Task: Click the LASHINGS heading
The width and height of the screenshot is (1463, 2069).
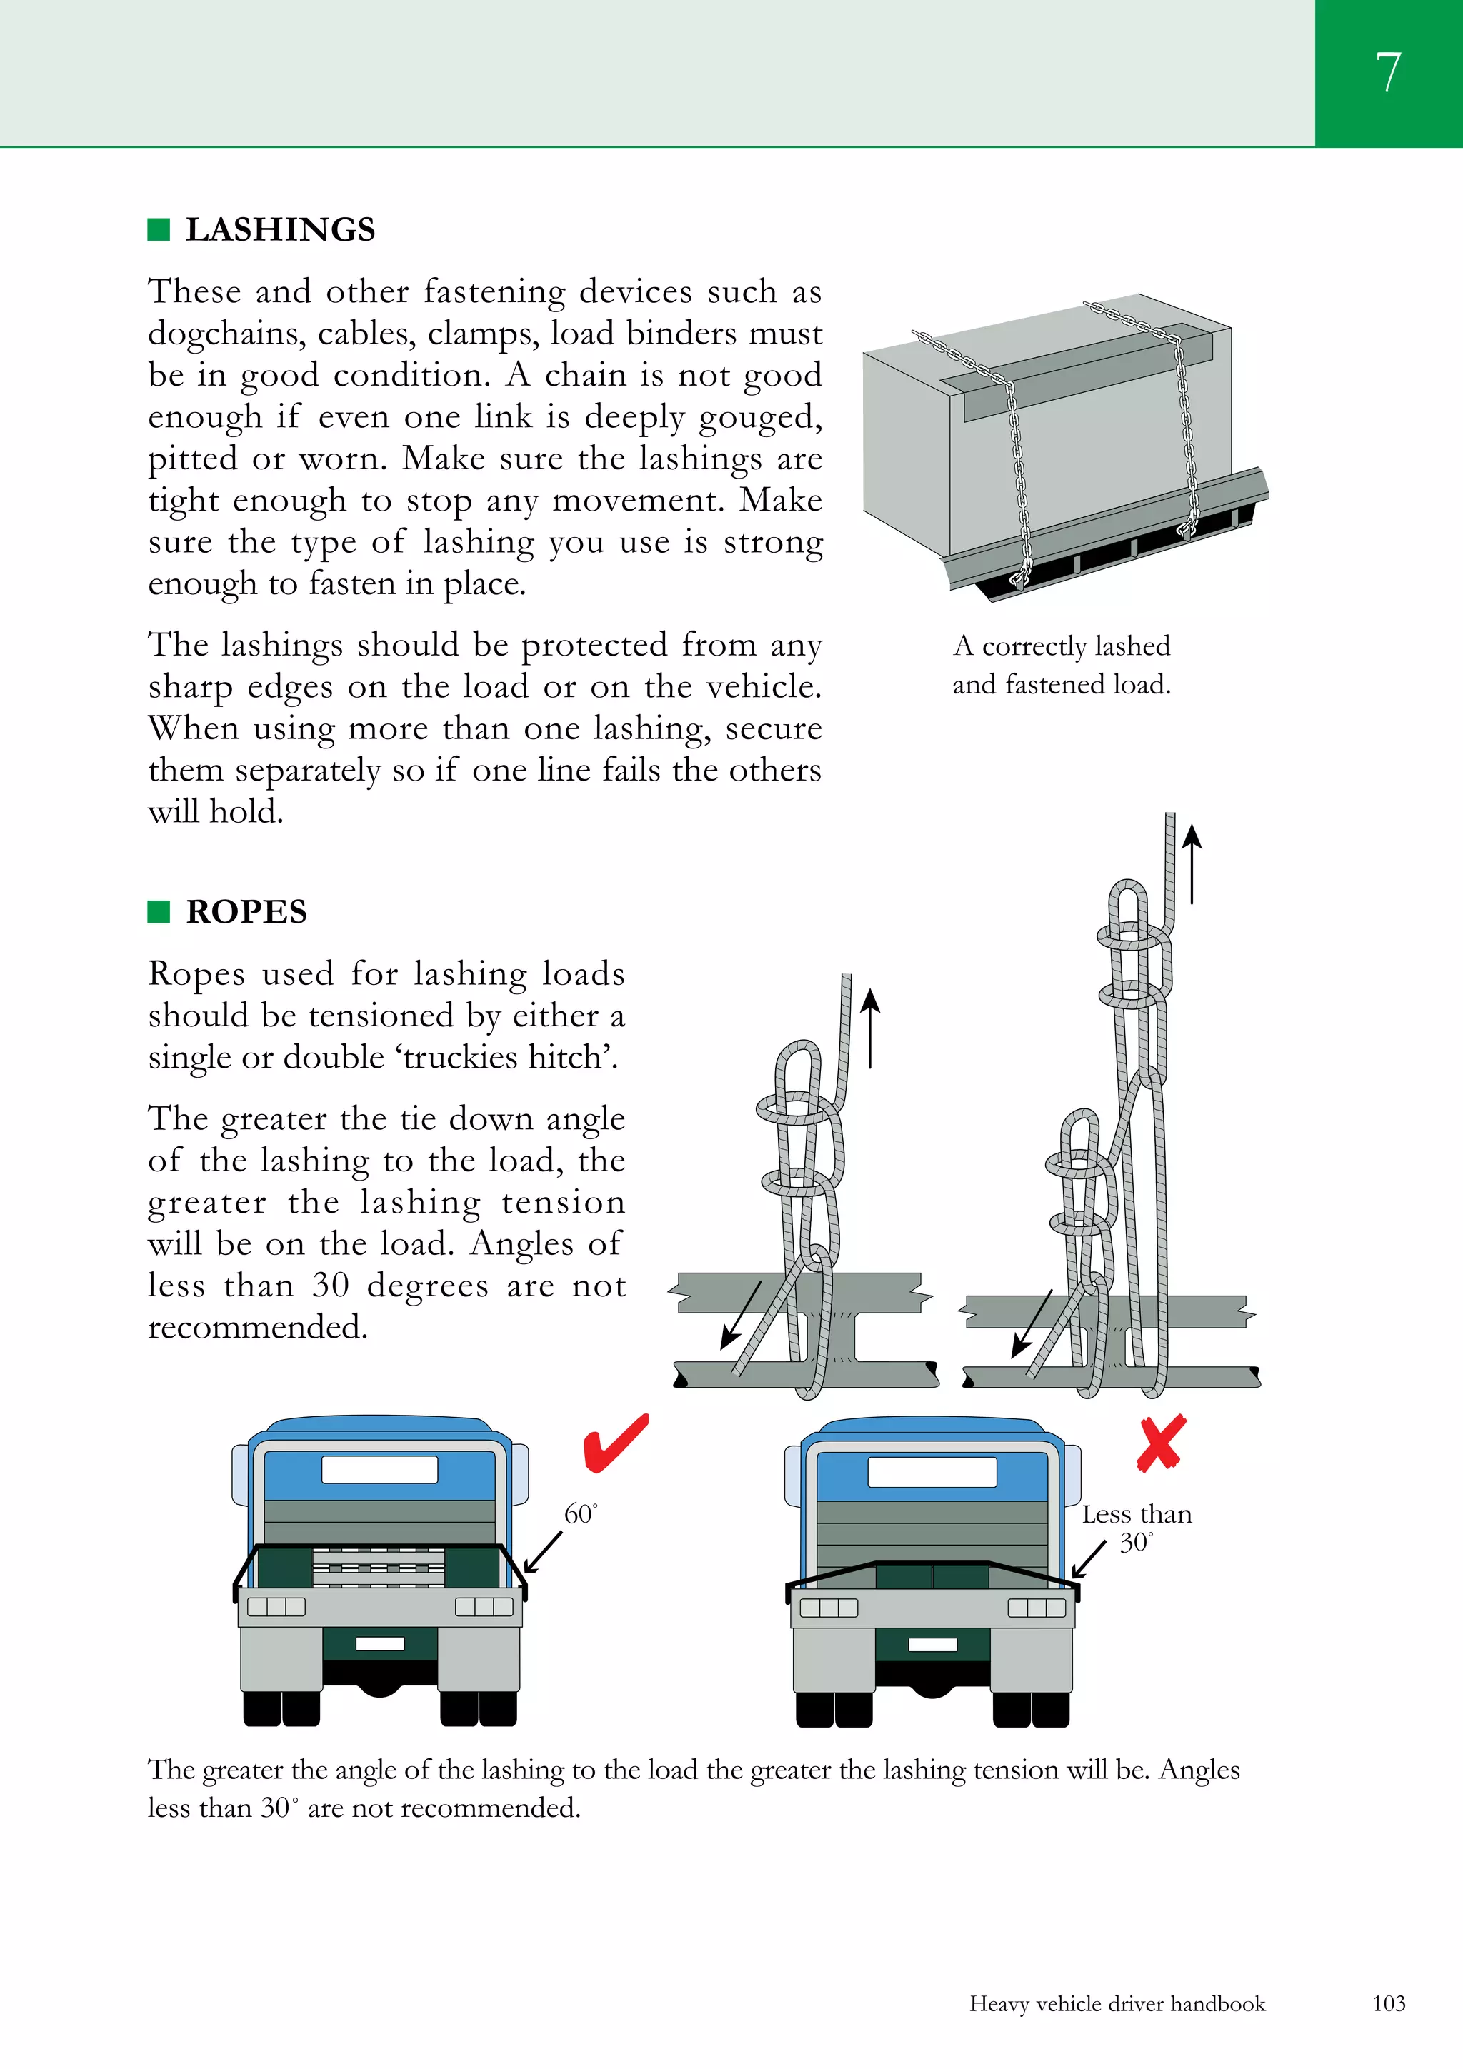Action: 279,230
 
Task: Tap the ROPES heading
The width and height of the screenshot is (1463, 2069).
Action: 246,912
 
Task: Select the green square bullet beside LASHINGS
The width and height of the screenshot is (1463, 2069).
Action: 159,230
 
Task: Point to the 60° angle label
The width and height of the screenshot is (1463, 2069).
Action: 579,1515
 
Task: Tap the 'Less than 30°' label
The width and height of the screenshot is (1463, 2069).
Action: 1136,1528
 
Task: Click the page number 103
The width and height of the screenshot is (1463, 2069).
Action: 1388,2003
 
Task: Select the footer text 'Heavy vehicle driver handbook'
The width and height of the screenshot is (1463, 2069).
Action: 1117,2003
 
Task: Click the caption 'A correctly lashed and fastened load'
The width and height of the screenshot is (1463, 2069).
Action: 1061,665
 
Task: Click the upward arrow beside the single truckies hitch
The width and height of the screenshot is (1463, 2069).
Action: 870,1027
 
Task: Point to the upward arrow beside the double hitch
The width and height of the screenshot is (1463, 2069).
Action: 1192,864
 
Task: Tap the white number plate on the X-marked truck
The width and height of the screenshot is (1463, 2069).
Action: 932,1645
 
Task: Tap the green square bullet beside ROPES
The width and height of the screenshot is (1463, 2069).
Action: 159,912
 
